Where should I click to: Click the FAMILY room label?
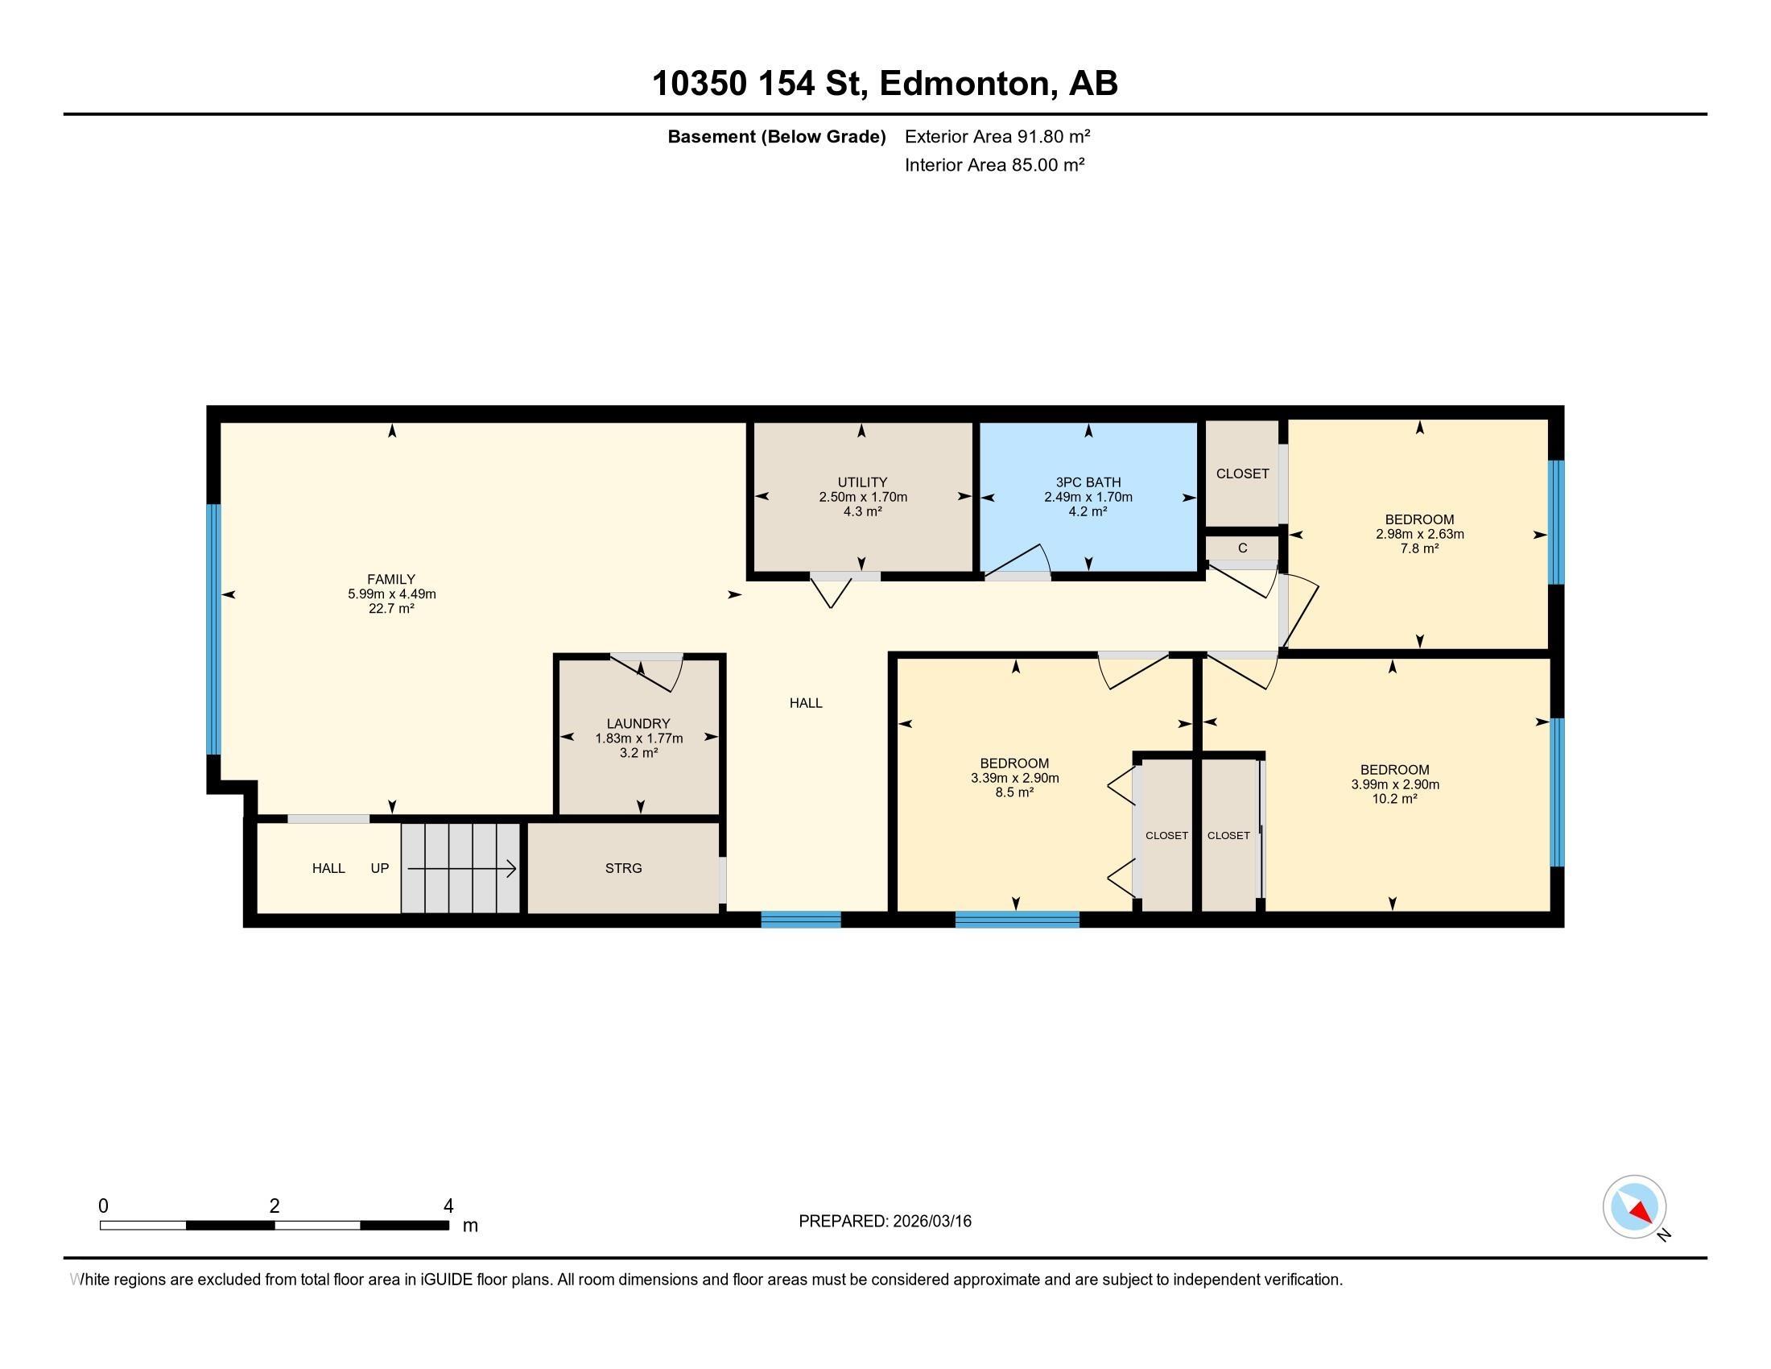tap(392, 579)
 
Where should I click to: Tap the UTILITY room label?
tap(862, 482)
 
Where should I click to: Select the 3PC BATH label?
tap(1088, 482)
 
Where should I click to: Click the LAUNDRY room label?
tap(638, 723)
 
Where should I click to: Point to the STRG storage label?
tap(623, 868)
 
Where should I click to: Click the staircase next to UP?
tap(460, 869)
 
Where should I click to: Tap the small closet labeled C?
tap(1241, 549)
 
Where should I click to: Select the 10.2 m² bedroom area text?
tap(1394, 799)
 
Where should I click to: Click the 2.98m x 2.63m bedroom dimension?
tap(1419, 534)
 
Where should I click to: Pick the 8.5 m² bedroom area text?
tap(1013, 792)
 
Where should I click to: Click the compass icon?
tap(1634, 1207)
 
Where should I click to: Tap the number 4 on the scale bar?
tap(448, 1206)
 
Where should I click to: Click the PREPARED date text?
tap(885, 1221)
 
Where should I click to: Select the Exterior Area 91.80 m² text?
tap(997, 136)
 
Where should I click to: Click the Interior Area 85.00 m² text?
tap(994, 164)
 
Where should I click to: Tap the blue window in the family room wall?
tap(213, 630)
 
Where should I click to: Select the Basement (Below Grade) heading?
tap(776, 136)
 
